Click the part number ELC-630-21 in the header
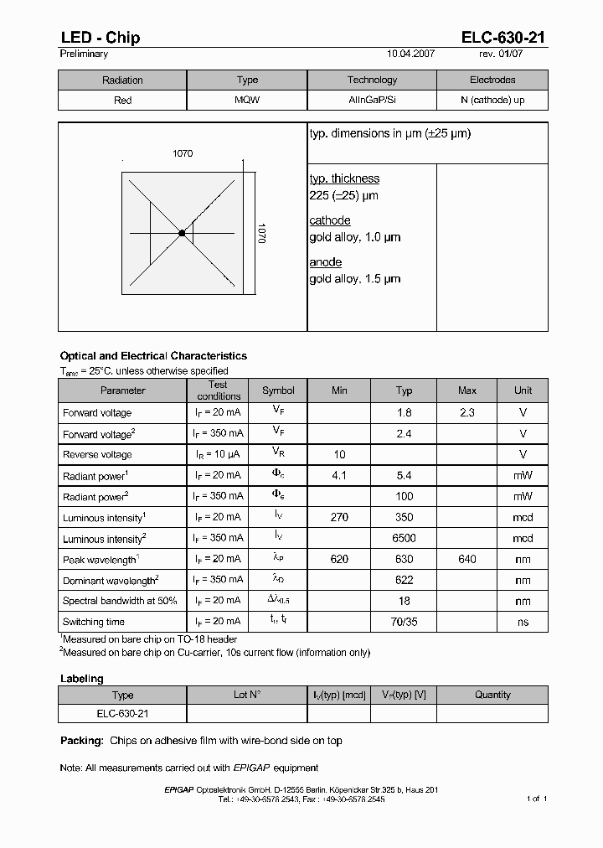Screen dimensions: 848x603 [502, 37]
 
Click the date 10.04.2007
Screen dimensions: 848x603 [411, 54]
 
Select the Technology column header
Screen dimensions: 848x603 [372, 80]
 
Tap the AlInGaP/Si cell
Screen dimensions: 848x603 [372, 101]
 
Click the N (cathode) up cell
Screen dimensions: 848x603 [492, 101]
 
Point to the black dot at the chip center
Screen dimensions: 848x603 [182, 233]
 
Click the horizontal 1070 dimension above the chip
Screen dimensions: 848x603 [183, 153]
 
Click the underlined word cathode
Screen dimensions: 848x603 [330, 220]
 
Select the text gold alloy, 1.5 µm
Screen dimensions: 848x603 [355, 279]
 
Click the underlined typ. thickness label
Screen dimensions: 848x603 [344, 178]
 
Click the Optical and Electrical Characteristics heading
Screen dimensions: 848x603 [153, 356]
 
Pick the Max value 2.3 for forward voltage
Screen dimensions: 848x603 [467, 413]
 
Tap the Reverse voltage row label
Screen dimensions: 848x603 [97, 455]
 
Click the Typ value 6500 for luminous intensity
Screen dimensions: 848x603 [404, 539]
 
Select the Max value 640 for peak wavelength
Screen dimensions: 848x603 [467, 560]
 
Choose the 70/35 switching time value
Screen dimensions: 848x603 [404, 623]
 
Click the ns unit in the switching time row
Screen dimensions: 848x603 [523, 623]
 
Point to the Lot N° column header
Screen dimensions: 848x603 [247, 695]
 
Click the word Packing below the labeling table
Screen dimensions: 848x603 [81, 741]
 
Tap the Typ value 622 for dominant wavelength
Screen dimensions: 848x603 [404, 581]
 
